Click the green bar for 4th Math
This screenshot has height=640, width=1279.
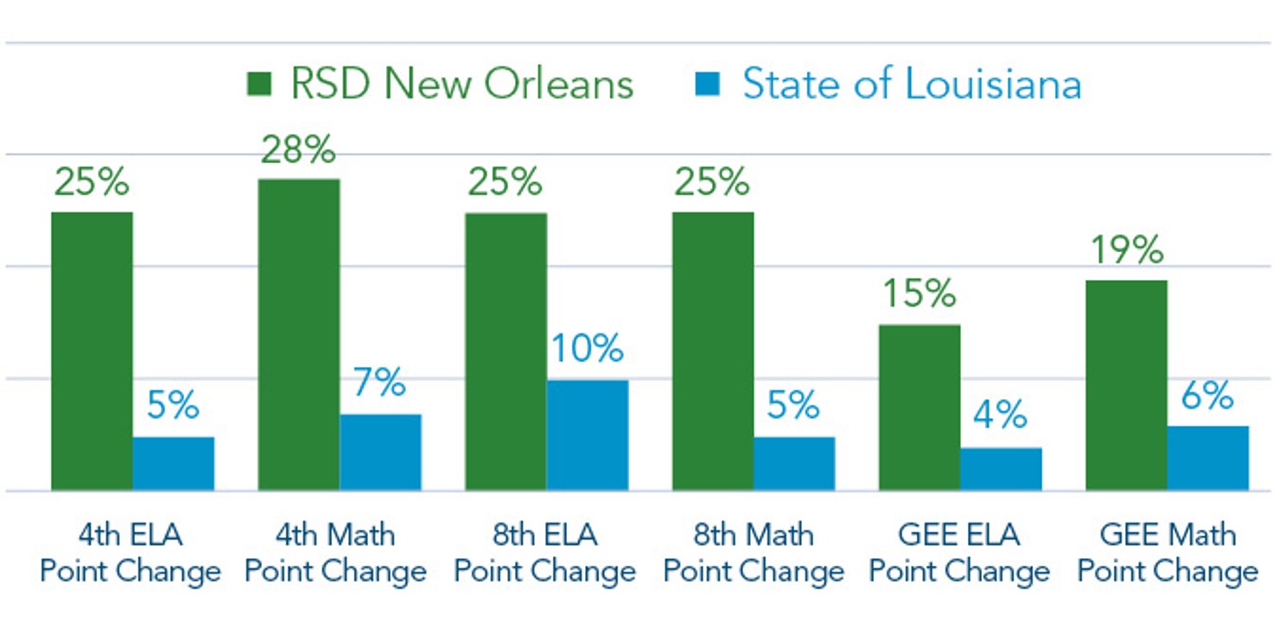coord(298,335)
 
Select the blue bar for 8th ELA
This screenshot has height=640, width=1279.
coord(588,435)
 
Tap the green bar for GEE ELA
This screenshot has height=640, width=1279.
coord(919,408)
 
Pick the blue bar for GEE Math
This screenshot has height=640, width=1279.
coord(1208,459)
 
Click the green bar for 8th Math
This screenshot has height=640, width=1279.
coord(713,352)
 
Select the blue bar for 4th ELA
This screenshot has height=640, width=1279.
coord(173,464)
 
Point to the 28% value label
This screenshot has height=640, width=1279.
coord(297,150)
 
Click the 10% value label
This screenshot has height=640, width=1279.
coord(588,349)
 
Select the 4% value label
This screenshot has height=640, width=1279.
coord(1000,416)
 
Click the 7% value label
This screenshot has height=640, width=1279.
coord(379,383)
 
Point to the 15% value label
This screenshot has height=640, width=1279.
coord(919,294)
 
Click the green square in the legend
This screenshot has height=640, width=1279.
coord(259,85)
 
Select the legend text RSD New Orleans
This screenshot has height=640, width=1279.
coord(461,85)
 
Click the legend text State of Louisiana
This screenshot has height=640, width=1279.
coord(912,85)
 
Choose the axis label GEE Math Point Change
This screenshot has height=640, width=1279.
coord(1168,553)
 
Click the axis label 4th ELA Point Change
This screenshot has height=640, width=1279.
coord(130,553)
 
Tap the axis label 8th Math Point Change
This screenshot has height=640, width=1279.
coord(754,553)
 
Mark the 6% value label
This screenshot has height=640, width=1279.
coord(1207,396)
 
